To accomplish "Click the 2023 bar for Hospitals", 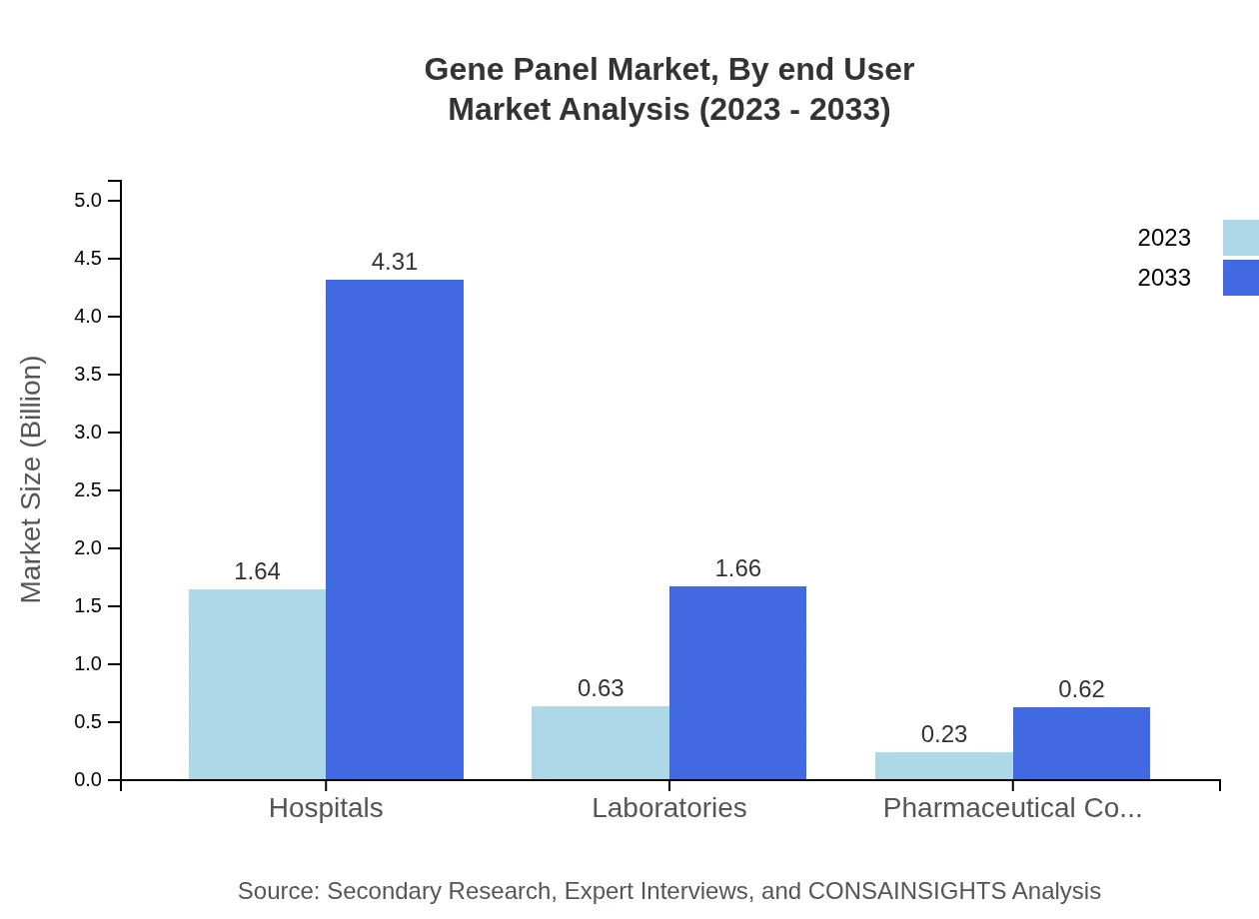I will (x=257, y=684).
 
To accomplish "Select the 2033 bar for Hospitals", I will (x=395, y=529).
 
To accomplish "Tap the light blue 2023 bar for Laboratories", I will (x=600, y=742).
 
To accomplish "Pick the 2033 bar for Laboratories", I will (x=737, y=682).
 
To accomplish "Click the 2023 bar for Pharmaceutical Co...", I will (x=943, y=765).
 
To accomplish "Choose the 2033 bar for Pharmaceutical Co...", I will (x=1081, y=743).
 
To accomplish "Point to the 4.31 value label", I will (x=395, y=262).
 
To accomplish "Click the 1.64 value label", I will (x=257, y=571).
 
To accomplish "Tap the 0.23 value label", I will (x=943, y=734).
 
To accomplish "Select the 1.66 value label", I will (x=737, y=568).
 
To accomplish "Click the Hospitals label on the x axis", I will (x=326, y=808).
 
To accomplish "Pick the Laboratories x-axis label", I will (x=668, y=808).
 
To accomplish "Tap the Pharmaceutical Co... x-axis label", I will (x=1012, y=808).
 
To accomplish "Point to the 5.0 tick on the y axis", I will (x=88, y=201).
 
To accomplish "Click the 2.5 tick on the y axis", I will (x=88, y=490).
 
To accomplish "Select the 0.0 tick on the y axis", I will (x=88, y=780).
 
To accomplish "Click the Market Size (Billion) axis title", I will (x=31, y=479).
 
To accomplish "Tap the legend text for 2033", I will (x=1164, y=278).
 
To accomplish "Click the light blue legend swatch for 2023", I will (x=1240, y=238).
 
